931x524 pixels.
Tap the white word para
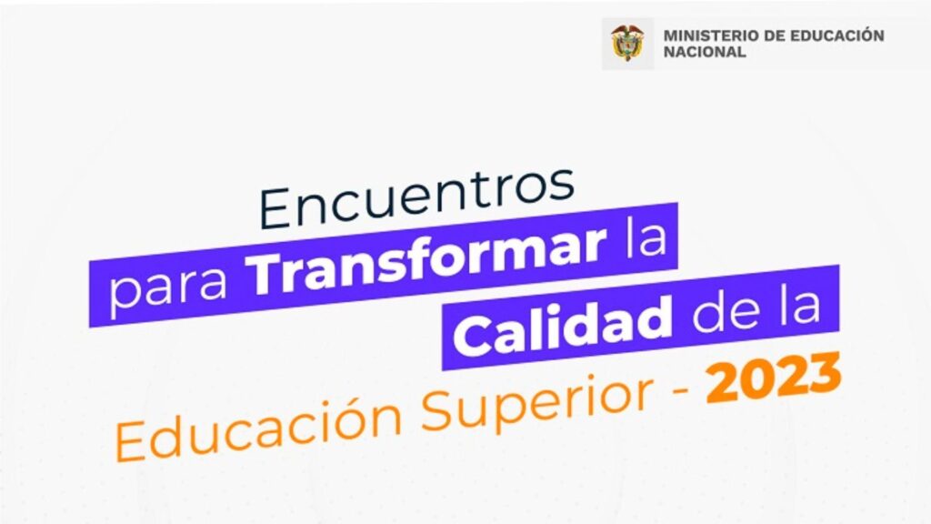coord(168,288)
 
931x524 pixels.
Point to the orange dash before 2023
coord(680,389)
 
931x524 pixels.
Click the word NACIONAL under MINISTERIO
coord(705,52)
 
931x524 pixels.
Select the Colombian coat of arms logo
coord(627,43)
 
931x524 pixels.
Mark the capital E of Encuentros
coord(277,209)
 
